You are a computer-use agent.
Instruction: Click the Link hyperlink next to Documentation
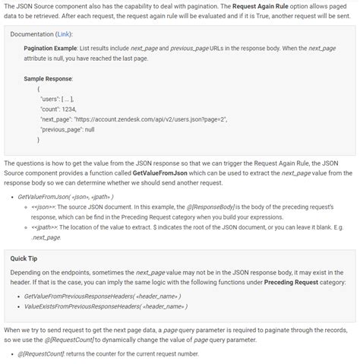[x=64, y=34]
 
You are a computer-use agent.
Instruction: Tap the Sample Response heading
[x=48, y=78]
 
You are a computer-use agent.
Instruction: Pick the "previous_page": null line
[x=67, y=129]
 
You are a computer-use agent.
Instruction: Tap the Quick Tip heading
[x=27, y=258]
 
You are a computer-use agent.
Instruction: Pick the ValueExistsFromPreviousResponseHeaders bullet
[x=106, y=306]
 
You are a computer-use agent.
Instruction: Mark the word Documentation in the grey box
[x=31, y=34]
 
